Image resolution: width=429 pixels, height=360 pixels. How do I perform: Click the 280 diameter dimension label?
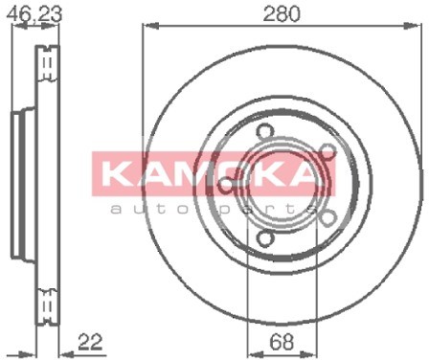tap(283, 13)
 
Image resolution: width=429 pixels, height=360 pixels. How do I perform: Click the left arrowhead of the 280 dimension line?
tap(146, 27)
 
